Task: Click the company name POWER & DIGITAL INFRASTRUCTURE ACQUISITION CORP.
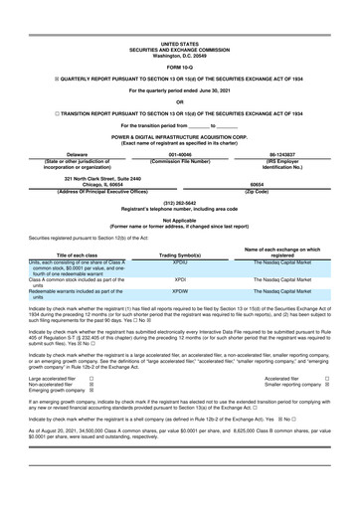(x=179, y=137)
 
